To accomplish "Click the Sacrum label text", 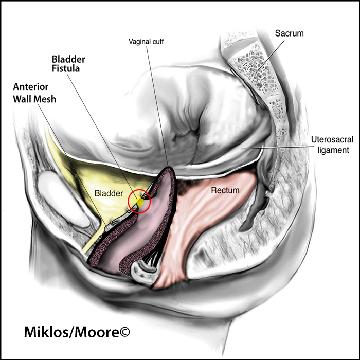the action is [x=289, y=33].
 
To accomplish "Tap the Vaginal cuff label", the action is [x=146, y=42].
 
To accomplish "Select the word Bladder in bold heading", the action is [x=68, y=60].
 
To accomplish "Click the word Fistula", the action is [x=66, y=68].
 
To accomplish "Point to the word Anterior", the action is [x=31, y=87].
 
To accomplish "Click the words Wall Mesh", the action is [x=34, y=99].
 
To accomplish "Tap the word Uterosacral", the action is [x=332, y=139].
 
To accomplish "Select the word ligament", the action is [x=333, y=150].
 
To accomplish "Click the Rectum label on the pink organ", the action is [x=225, y=190].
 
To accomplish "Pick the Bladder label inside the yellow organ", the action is [x=109, y=193].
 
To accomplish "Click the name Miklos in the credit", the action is [x=45, y=332].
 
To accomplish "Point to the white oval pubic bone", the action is [x=63, y=200].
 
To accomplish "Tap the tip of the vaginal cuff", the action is [x=169, y=168].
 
